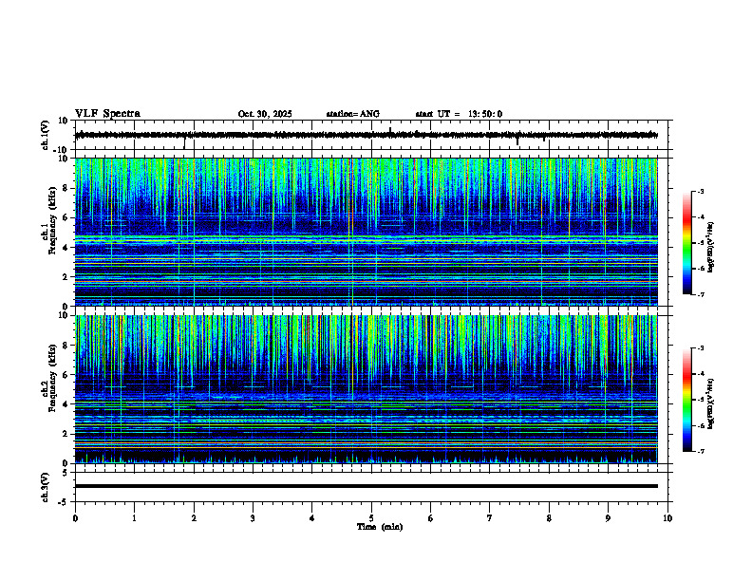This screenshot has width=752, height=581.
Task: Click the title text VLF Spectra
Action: [107, 114]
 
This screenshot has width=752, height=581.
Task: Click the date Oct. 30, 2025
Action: [265, 114]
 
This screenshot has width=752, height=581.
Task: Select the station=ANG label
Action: [352, 114]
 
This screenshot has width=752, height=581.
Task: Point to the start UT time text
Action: [459, 114]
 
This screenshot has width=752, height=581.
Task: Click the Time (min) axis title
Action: [379, 527]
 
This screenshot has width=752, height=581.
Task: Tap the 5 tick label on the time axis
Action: [371, 518]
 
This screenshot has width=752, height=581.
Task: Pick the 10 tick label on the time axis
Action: [667, 518]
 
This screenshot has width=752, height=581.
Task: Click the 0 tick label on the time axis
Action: [75, 518]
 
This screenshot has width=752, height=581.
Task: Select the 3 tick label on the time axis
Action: [253, 518]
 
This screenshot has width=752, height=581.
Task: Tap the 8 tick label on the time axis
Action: [549, 518]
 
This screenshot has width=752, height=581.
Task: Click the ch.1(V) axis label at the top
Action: [46, 135]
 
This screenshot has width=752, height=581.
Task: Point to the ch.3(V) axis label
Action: [46, 486]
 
